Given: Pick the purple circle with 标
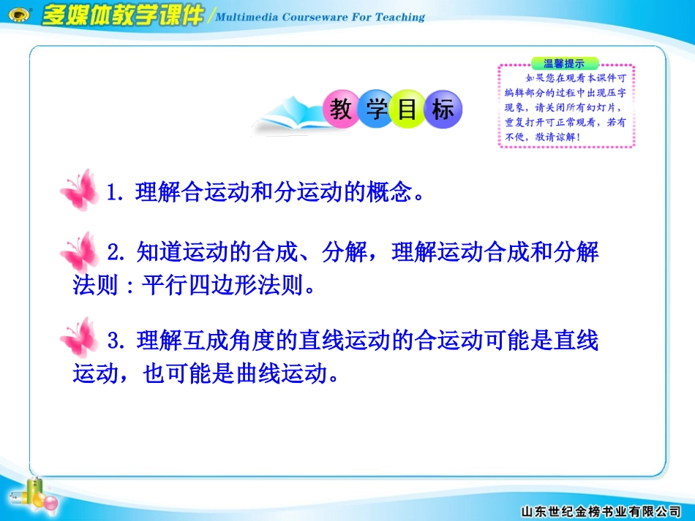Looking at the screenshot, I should click(x=442, y=110).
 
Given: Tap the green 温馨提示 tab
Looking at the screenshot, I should click(x=565, y=64).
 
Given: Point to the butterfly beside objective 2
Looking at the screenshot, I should click(x=79, y=253).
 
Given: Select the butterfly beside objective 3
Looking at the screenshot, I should click(x=79, y=338).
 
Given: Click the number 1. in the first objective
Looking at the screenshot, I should click(x=116, y=194).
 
